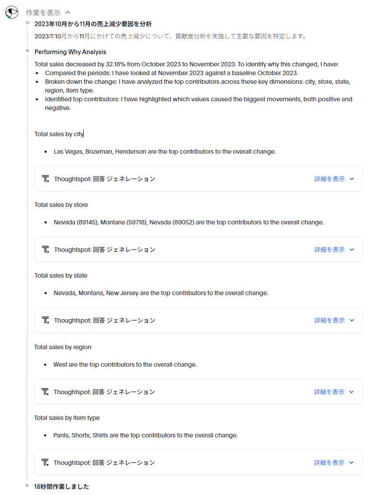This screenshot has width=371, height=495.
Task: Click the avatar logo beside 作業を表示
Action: (12, 12)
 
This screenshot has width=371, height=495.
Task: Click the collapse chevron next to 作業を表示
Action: (68, 13)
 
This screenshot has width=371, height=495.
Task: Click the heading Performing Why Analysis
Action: (70, 52)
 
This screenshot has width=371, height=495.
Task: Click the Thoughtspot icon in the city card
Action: (45, 179)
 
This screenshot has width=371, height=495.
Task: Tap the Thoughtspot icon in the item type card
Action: (45, 462)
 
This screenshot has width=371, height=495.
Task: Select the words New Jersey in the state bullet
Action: (122, 293)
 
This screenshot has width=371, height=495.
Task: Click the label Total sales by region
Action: (63, 347)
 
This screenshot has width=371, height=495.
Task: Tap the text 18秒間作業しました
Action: (62, 486)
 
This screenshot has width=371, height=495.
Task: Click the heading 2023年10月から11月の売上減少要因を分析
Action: (93, 24)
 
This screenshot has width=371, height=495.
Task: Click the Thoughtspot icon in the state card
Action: (45, 320)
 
